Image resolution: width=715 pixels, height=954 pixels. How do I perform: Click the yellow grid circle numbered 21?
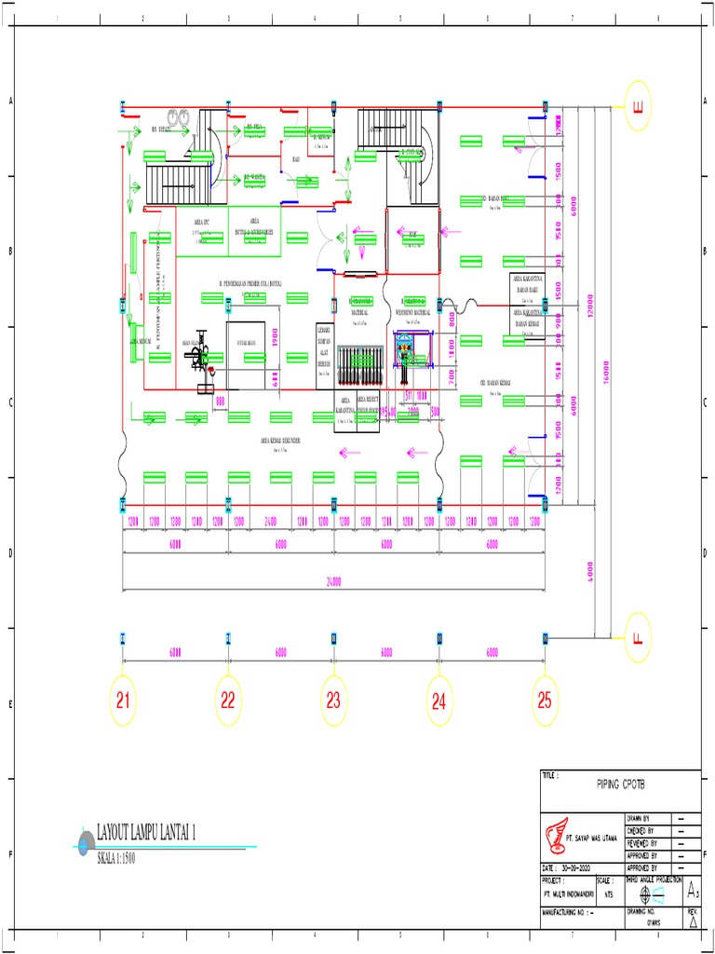pyautogui.click(x=123, y=702)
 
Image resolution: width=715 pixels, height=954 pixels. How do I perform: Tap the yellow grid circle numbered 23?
pyautogui.click(x=333, y=702)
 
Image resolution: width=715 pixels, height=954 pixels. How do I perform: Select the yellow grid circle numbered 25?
pyautogui.click(x=545, y=702)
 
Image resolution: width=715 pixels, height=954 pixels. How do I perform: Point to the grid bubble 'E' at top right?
pyautogui.click(x=638, y=107)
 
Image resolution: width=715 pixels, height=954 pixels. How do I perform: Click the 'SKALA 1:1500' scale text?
pyautogui.click(x=116, y=858)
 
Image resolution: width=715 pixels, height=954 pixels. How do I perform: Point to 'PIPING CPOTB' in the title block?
pyautogui.click(x=620, y=786)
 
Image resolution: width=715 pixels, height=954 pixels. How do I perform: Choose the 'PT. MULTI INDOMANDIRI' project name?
pyautogui.click(x=572, y=893)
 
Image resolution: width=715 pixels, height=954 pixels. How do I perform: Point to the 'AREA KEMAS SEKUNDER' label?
pyautogui.click(x=280, y=440)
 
